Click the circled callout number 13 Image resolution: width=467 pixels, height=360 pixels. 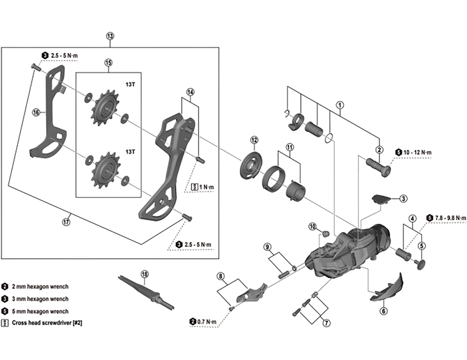pos(110,36)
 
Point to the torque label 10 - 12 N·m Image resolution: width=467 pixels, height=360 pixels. pos(416,153)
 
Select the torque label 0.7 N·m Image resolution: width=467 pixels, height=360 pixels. pos(207,321)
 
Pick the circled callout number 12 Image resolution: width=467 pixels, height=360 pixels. pos(254,140)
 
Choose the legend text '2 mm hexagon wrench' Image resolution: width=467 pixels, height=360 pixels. pos(43,286)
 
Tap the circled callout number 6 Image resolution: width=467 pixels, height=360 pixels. pos(383,311)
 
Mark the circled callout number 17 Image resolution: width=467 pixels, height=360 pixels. pos(67,222)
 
